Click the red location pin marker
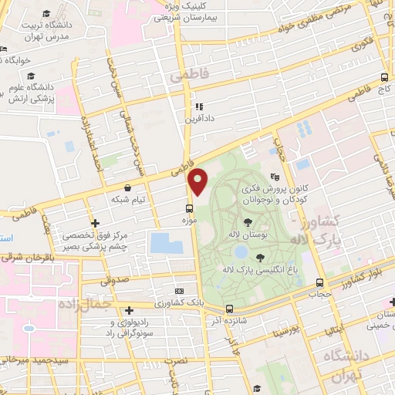198,182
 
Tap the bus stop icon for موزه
189,208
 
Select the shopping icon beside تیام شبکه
127,187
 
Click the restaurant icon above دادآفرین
198,107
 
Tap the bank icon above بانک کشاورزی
180,292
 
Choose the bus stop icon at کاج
384,78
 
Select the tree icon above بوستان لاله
247,221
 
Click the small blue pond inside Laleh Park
241,252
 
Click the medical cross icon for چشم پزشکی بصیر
94,224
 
